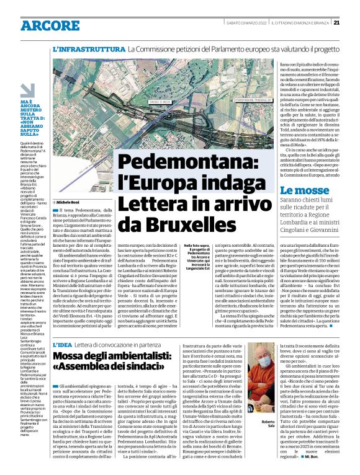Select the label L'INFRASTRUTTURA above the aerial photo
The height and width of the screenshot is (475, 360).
[89, 48]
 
